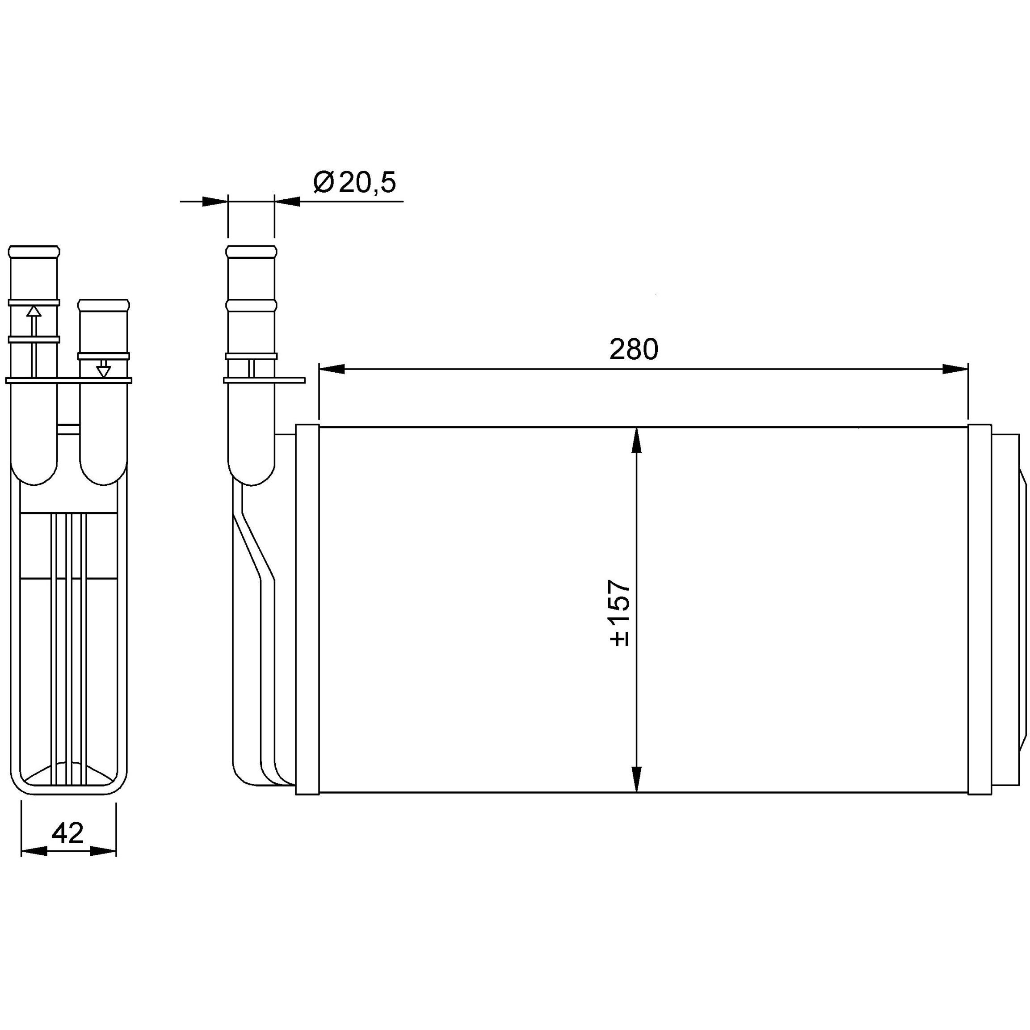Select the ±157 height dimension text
621,614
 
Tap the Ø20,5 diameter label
354,183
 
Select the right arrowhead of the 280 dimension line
955,369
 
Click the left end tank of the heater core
307,610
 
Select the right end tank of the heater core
980,610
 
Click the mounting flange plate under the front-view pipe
264,380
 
